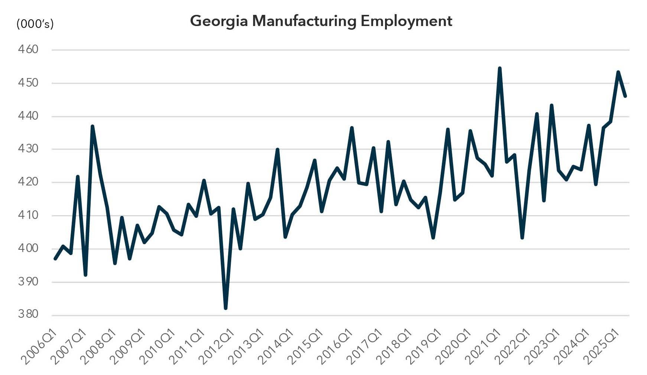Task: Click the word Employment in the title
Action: pos(406,21)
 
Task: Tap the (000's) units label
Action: pos(35,24)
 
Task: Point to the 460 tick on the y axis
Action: pos(28,49)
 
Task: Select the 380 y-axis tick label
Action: pos(28,314)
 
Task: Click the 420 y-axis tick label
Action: pos(28,182)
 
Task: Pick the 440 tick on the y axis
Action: pos(28,116)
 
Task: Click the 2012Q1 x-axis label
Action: pos(216,346)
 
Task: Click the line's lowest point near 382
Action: pos(226,308)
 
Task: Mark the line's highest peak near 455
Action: pos(499,68)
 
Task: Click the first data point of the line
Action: pos(55,258)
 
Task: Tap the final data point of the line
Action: pos(625,96)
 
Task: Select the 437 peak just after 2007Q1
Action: pos(92,126)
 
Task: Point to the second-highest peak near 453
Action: pos(618,72)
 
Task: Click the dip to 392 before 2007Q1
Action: pos(85,275)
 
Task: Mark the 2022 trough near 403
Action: pos(522,237)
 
